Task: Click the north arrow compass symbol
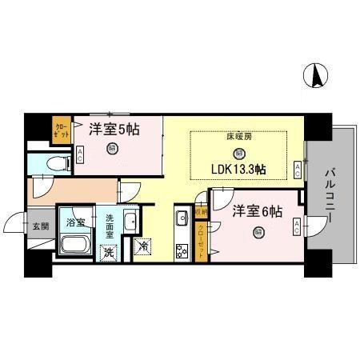pyautogui.click(x=317, y=76)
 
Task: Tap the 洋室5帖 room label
pyautogui.click(x=114, y=128)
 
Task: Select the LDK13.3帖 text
pyautogui.click(x=238, y=170)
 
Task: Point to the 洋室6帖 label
pyautogui.click(x=256, y=212)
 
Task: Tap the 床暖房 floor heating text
pyautogui.click(x=238, y=138)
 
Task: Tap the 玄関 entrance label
pyautogui.click(x=40, y=226)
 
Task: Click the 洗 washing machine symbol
pyautogui.click(x=107, y=250)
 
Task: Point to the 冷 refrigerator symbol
pyautogui.click(x=142, y=247)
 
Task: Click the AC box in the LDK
pyautogui.click(x=297, y=169)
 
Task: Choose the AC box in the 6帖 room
pyautogui.click(x=297, y=226)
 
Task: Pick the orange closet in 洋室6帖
pyautogui.click(x=201, y=238)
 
